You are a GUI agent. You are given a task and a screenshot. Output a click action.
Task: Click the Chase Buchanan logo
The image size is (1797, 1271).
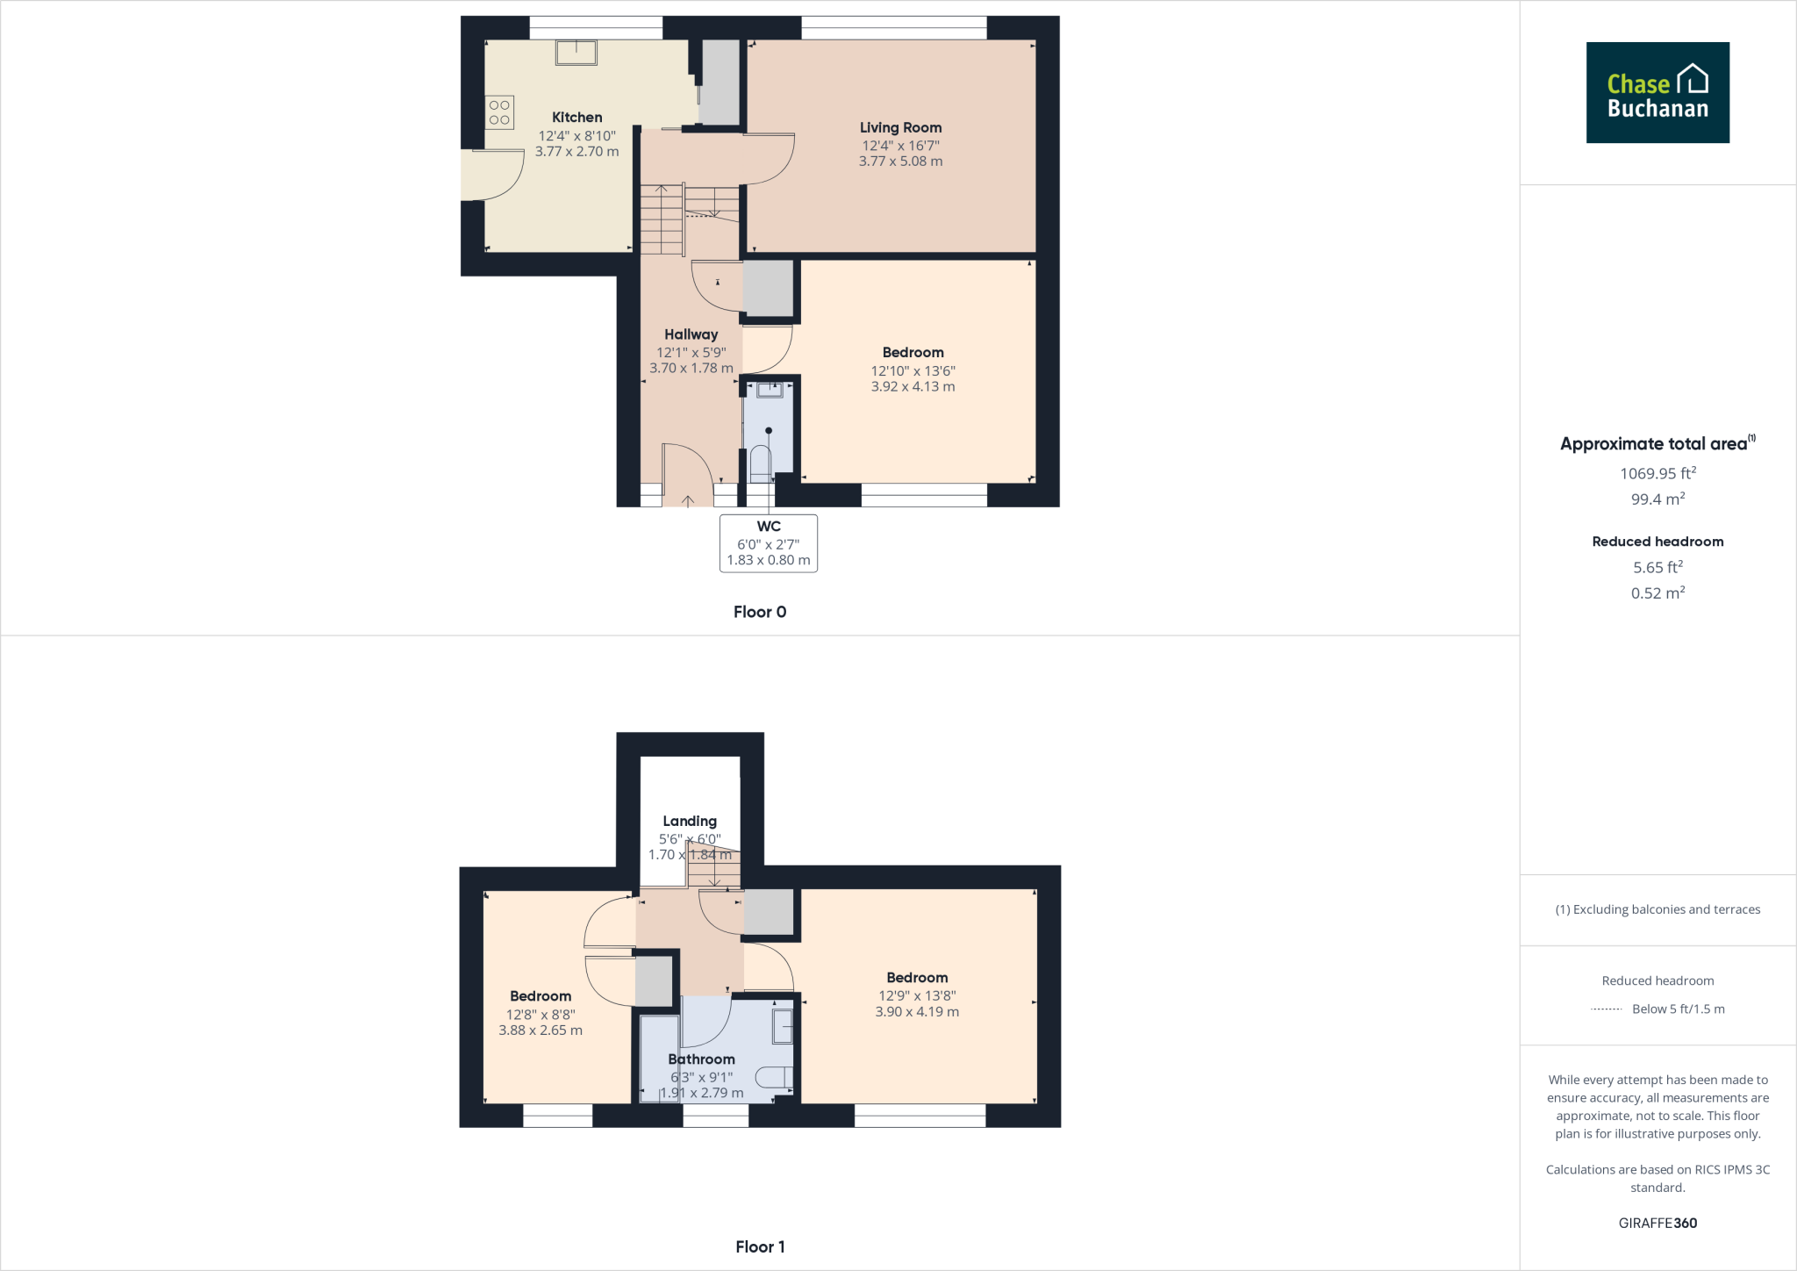pos(1657,93)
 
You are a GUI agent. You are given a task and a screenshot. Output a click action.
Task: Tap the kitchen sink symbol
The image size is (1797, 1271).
pos(576,53)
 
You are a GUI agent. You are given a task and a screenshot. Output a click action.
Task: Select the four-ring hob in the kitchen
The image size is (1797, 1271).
pos(499,112)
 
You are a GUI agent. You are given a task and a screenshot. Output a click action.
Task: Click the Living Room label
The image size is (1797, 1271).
pos(900,127)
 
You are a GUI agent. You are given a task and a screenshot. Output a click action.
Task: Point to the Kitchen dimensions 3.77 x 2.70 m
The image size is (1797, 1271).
pos(576,151)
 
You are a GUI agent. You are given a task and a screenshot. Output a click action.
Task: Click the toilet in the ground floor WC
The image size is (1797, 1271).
pos(760,463)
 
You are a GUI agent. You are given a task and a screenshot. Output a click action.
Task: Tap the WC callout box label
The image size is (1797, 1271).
pos(769,527)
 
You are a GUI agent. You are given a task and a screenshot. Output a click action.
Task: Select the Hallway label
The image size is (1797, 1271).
pos(691,334)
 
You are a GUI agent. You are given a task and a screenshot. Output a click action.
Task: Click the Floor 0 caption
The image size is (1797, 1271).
pos(760,612)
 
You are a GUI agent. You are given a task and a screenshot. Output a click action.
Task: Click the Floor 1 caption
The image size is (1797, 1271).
pos(760,1246)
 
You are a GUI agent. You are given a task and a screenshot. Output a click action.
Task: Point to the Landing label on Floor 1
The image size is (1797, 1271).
pos(690,821)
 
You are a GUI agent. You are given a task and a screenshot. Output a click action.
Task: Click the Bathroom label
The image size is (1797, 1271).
pos(701,1059)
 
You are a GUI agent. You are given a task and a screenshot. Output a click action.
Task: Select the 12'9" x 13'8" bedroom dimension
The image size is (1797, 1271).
pos(917,995)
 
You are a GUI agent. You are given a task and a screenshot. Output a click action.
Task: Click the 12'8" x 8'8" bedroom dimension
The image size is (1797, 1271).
pos(541,1014)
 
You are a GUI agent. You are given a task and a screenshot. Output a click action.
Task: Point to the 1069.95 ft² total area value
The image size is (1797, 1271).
pos(1657,473)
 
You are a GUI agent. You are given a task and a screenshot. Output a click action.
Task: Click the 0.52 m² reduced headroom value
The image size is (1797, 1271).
pos(1657,593)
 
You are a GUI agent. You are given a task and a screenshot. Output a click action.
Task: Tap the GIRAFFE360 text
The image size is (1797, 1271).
pos(1657,1223)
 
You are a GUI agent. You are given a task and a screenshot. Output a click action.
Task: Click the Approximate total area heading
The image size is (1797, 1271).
pos(1653,444)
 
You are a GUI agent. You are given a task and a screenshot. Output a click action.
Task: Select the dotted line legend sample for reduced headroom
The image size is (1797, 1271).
pos(1606,1009)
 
